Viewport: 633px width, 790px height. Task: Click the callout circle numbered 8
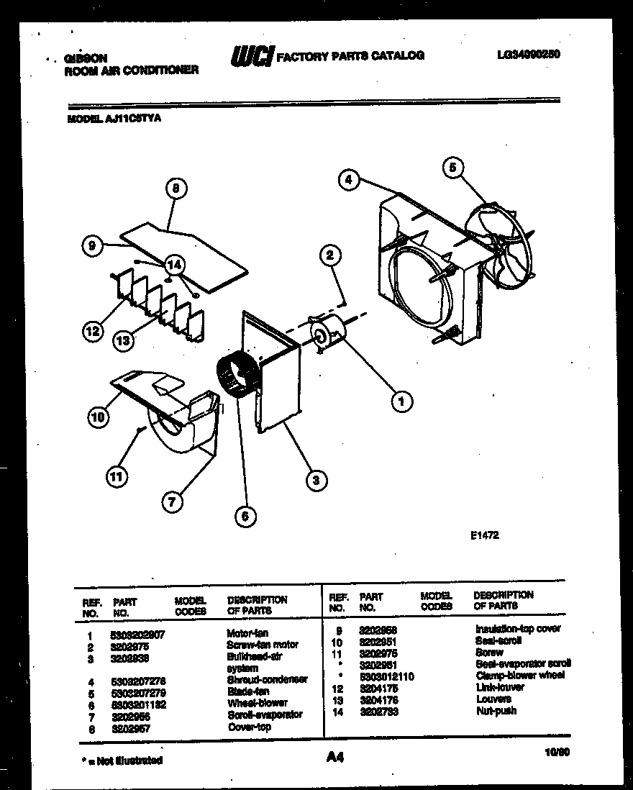point(176,189)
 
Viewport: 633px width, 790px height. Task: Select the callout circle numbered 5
point(452,168)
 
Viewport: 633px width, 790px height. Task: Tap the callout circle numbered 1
point(401,401)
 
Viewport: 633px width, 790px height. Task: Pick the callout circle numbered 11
point(115,475)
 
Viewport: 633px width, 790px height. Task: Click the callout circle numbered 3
point(315,480)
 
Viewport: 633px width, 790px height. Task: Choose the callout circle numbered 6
point(245,516)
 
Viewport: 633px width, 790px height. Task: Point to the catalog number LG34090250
point(528,54)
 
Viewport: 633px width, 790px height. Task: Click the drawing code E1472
point(485,535)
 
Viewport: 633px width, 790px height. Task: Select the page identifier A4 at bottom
point(335,757)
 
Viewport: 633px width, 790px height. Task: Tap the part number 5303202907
point(139,635)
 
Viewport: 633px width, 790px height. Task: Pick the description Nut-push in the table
point(496,711)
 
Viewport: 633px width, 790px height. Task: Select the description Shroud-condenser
point(267,679)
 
